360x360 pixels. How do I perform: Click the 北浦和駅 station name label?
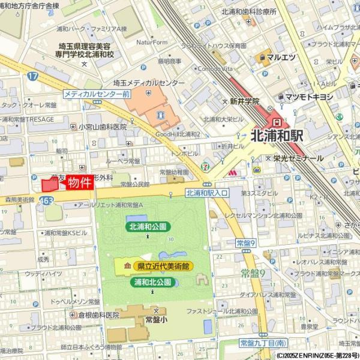click(x=277, y=136)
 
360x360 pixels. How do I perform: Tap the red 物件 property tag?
click(x=79, y=182)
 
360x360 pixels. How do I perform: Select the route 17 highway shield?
click(x=32, y=76)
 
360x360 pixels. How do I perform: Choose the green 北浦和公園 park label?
click(x=148, y=227)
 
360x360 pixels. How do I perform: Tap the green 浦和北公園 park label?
click(x=152, y=281)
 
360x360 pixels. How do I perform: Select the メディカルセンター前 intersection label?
click(x=97, y=95)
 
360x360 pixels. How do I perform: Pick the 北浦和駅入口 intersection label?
click(x=207, y=193)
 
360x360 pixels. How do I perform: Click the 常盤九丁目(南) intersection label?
click(x=262, y=343)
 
